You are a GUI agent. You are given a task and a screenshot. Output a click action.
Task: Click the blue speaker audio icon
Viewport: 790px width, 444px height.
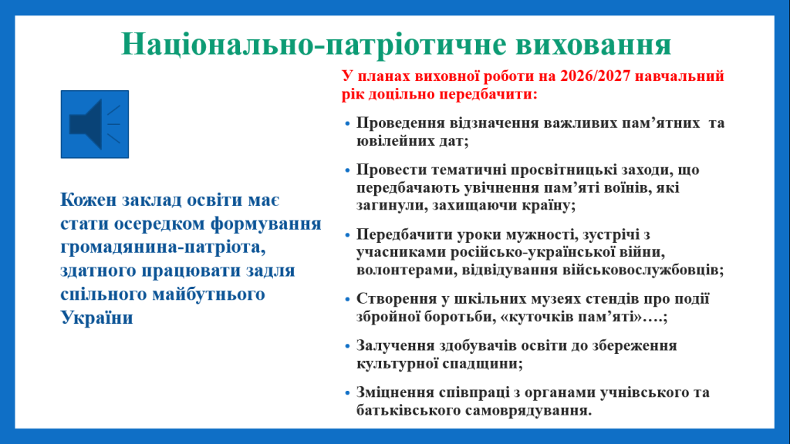coord(95,124)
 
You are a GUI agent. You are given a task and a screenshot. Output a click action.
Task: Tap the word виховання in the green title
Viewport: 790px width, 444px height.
coord(593,44)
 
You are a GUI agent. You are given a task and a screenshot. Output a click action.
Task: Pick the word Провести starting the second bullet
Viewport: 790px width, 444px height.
coord(388,170)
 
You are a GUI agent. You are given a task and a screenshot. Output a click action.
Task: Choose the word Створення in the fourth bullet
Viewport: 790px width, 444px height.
coord(396,299)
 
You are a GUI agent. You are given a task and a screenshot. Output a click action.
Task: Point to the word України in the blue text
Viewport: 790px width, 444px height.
coord(96,318)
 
